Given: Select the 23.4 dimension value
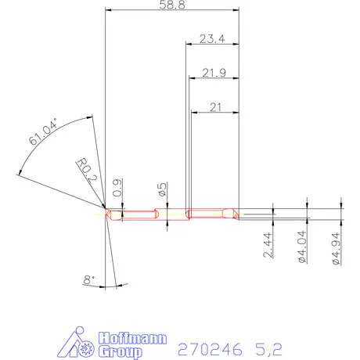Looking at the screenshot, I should [212, 38].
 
